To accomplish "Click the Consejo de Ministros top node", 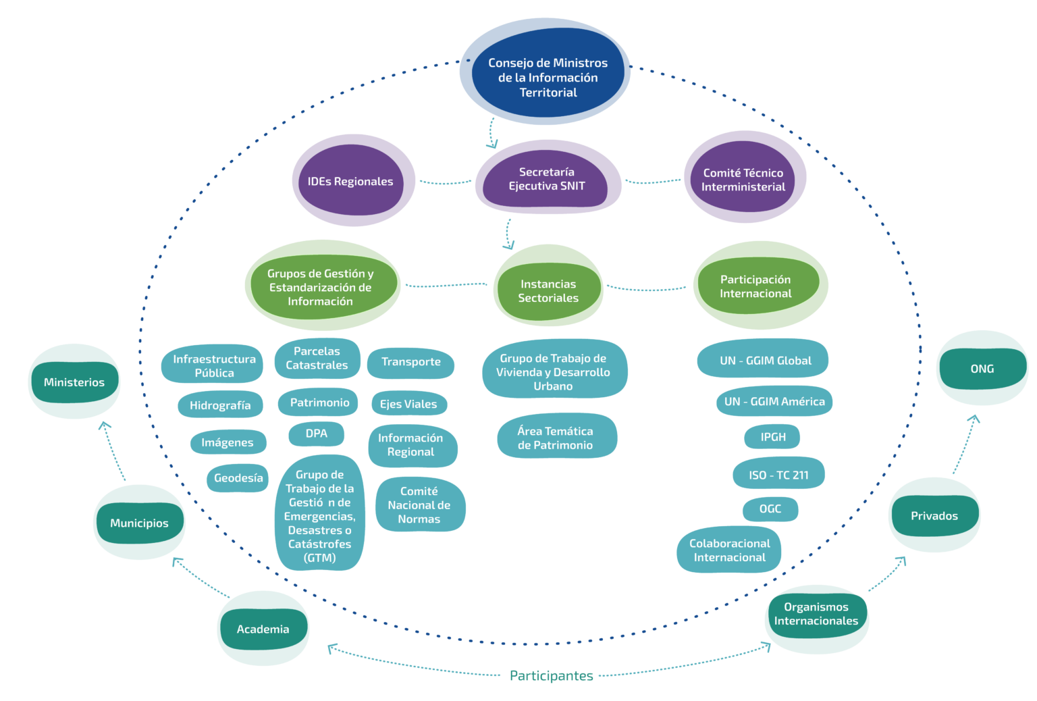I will click(x=548, y=78).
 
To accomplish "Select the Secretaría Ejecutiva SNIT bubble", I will click(x=547, y=179).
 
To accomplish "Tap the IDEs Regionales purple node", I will click(x=350, y=181).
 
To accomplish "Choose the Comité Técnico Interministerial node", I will click(x=743, y=180).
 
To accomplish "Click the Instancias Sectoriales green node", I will click(x=548, y=291).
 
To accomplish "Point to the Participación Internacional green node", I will click(x=755, y=286).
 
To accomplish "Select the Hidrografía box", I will click(x=220, y=405).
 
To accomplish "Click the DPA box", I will click(x=316, y=434).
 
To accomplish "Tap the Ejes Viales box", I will click(x=408, y=404).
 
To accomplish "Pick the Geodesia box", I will click(x=238, y=478).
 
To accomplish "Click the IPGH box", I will click(x=773, y=437).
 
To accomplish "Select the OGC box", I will click(x=770, y=509).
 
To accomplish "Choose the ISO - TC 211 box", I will click(x=778, y=475).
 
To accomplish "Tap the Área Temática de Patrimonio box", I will click(x=556, y=438).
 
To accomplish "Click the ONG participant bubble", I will click(x=982, y=369).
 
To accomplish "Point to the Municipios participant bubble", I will click(x=139, y=523).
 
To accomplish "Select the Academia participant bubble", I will click(x=263, y=629).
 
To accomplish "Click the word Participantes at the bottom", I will click(x=551, y=675).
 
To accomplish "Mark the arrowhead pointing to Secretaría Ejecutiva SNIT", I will click(x=492, y=144).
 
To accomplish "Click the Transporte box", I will click(x=410, y=362).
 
